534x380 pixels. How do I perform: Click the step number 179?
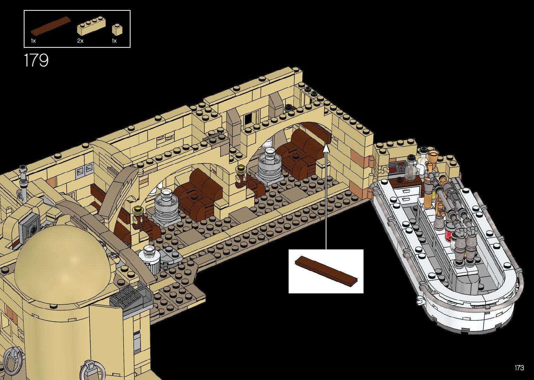tap(36, 60)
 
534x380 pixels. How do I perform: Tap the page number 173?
tap(519, 368)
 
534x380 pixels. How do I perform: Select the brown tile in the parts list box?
tap(50, 25)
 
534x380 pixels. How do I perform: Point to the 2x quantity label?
tap(80, 41)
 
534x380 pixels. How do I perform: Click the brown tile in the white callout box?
tap(326, 271)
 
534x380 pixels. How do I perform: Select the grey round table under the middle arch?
tap(167, 206)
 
